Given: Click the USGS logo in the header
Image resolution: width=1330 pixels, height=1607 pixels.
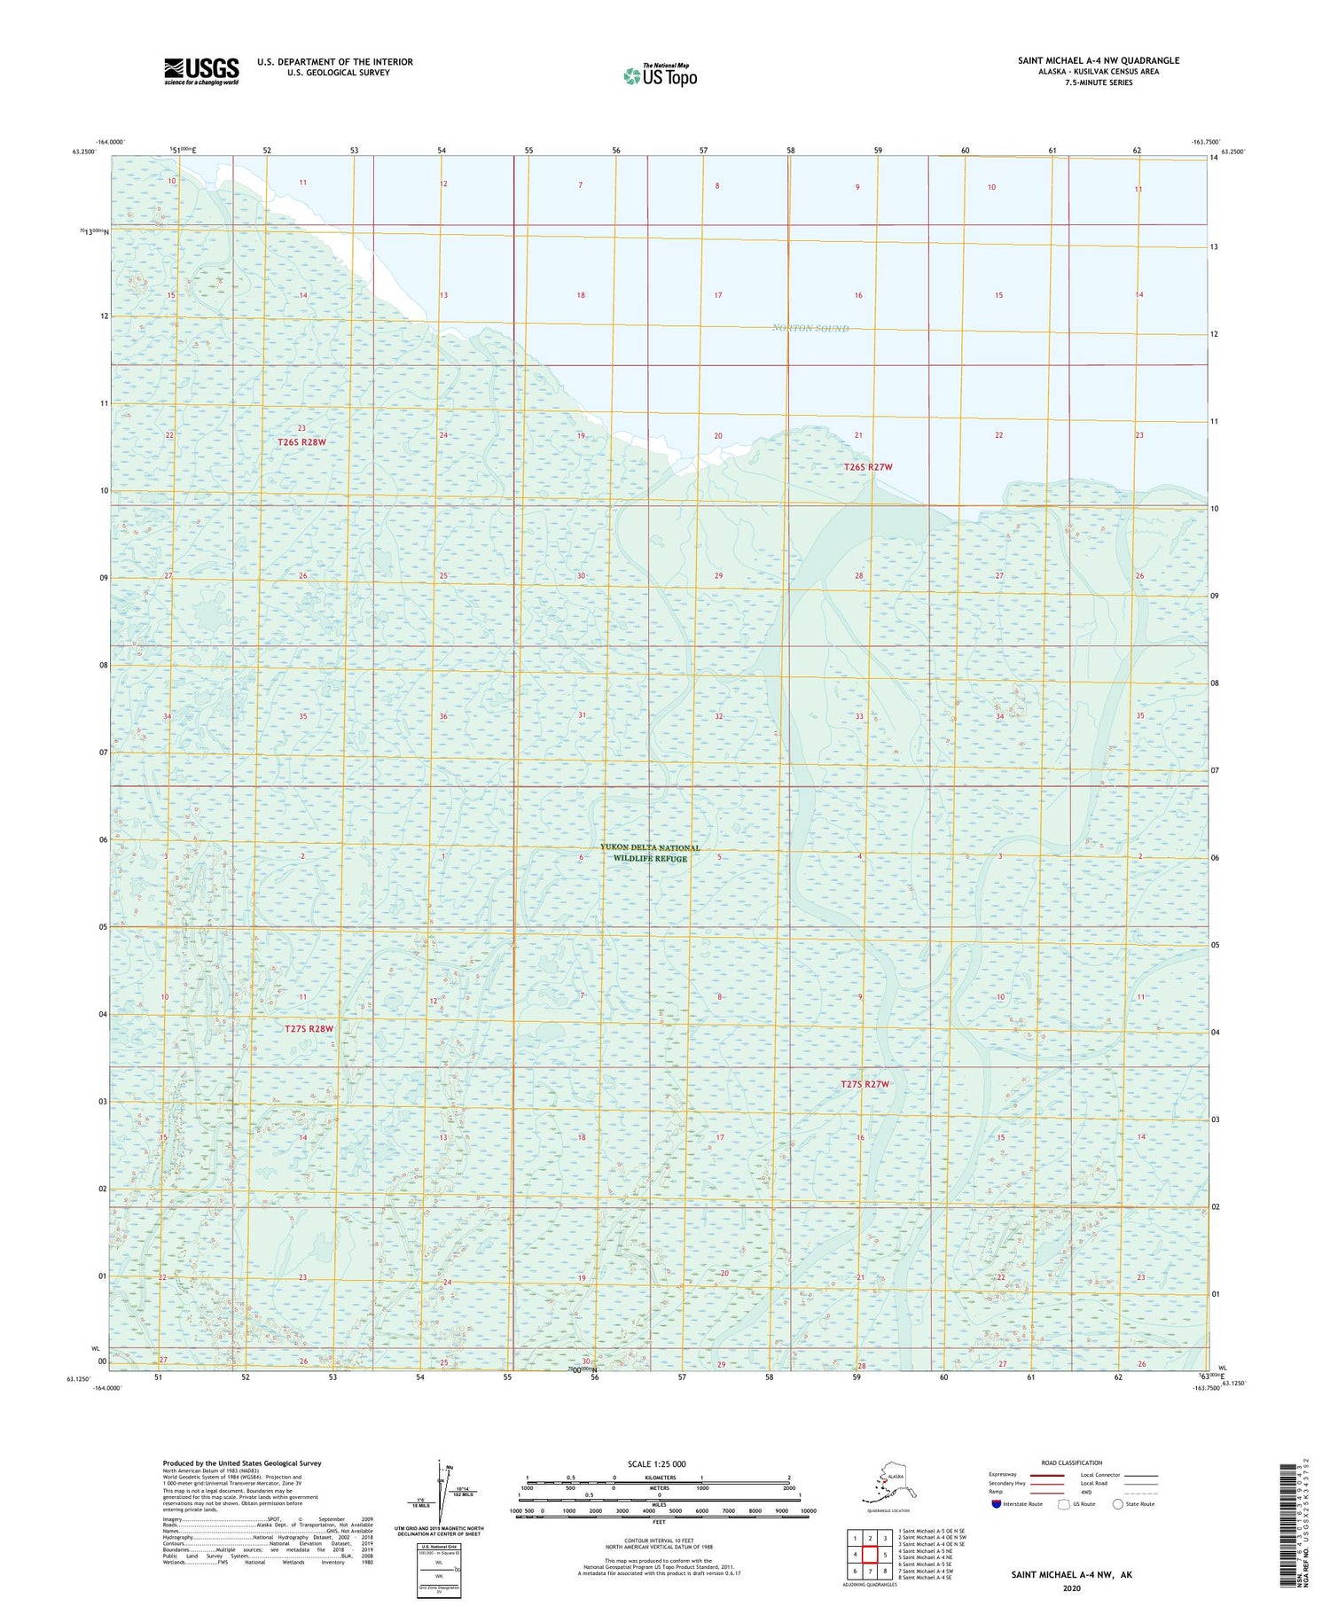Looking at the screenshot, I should (201, 71).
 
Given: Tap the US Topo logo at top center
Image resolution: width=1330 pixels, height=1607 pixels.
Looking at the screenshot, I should (660, 75).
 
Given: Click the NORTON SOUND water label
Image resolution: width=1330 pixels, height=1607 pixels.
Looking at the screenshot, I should (810, 329).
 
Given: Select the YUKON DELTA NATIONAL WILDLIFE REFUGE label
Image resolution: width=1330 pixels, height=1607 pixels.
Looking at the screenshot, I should (650, 853).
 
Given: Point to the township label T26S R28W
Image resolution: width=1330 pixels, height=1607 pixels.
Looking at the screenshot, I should (301, 441).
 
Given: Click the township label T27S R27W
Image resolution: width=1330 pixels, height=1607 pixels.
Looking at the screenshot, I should (864, 1084).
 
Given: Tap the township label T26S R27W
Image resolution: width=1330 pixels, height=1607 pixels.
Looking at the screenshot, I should (866, 466).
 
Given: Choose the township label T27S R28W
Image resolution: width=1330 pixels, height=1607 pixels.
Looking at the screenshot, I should (309, 1029).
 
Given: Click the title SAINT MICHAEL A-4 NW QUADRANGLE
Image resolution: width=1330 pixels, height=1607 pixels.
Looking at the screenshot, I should (1098, 60).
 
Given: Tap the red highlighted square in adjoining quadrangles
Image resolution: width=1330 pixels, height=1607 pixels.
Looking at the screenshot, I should (870, 1554).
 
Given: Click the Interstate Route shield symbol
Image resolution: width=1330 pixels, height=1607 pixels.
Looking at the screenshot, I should (997, 1504).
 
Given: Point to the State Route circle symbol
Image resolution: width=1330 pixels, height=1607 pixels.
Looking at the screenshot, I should (1118, 1503).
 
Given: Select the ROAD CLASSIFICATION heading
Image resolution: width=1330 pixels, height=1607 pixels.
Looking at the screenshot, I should (1071, 1463).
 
